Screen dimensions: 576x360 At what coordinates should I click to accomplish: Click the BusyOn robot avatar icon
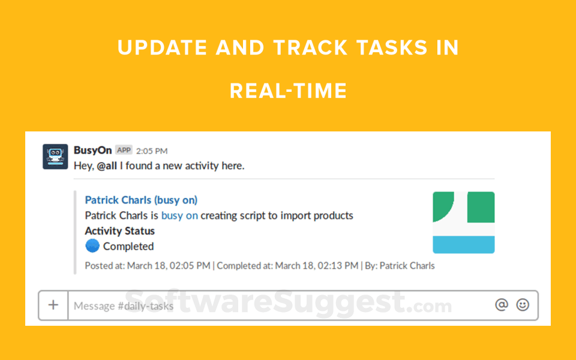(x=55, y=157)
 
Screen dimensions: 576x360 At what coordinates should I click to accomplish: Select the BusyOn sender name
(x=92, y=150)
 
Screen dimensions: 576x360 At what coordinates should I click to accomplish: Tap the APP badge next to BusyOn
(x=124, y=150)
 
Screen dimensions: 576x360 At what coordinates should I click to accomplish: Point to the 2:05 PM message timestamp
(x=152, y=151)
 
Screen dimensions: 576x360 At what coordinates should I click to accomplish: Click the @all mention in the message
(x=107, y=166)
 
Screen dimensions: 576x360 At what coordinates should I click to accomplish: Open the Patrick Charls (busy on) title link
(x=141, y=200)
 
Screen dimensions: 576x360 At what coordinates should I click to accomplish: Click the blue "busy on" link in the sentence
(x=179, y=215)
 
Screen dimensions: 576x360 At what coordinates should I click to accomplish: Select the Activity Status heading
(x=120, y=230)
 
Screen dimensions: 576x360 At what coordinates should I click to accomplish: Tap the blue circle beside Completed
(x=92, y=246)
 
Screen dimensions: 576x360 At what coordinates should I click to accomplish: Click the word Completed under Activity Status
(x=128, y=246)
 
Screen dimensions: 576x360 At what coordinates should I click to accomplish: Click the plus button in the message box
(x=53, y=305)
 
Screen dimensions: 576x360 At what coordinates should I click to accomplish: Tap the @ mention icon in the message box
(x=502, y=305)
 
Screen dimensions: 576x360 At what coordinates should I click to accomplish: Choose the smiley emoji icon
(x=523, y=305)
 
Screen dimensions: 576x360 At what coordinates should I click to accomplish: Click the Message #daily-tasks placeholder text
(x=124, y=306)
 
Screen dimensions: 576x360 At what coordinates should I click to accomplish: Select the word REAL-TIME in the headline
(x=289, y=91)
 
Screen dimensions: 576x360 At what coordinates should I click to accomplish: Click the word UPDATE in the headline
(x=163, y=48)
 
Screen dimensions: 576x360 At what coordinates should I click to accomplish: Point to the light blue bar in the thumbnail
(x=464, y=245)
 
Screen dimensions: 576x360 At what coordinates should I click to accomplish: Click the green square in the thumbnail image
(x=481, y=207)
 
